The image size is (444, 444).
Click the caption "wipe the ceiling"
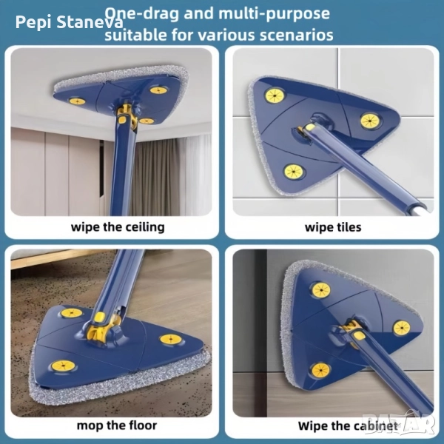[118, 227]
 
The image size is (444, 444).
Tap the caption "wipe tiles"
[333, 227]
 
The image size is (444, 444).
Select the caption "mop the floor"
[117, 425]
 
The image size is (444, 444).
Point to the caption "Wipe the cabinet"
[348, 426]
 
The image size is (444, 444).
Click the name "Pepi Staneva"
[70, 22]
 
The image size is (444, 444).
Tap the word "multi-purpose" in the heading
[274, 13]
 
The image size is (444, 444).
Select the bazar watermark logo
[400, 423]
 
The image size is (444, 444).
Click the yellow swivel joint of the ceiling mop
[127, 115]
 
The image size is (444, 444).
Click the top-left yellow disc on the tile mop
[275, 95]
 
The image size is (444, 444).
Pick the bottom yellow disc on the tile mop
[294, 172]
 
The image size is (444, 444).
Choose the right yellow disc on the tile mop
[370, 121]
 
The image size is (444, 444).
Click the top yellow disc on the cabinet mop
[321, 290]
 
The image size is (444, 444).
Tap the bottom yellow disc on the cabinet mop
[321, 370]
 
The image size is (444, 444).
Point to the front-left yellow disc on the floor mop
[64, 366]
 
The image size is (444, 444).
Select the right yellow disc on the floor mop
[171, 339]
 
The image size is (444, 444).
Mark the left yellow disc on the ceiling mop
[77, 101]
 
